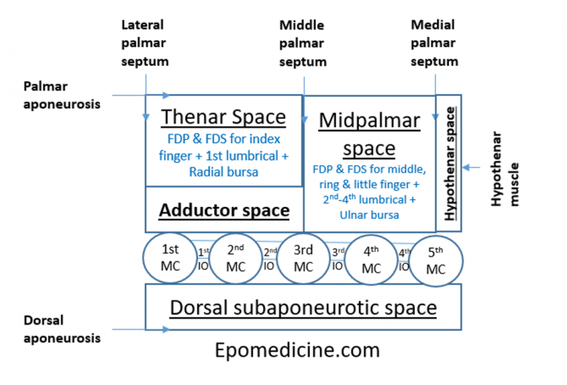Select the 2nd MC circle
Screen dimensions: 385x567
(236, 259)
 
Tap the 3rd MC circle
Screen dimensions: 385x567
(303, 259)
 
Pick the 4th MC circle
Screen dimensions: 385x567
(371, 259)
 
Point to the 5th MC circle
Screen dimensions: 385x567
(436, 261)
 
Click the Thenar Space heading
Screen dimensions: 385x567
(223, 117)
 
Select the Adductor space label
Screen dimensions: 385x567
(225, 211)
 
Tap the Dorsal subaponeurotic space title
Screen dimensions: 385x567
(303, 307)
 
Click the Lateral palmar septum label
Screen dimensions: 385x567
(145, 44)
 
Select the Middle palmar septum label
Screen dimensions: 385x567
(303, 44)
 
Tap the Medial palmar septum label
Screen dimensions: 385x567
(434, 44)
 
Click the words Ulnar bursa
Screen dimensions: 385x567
(369, 215)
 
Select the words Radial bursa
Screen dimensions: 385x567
(223, 171)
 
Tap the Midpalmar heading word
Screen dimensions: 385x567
(369, 121)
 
